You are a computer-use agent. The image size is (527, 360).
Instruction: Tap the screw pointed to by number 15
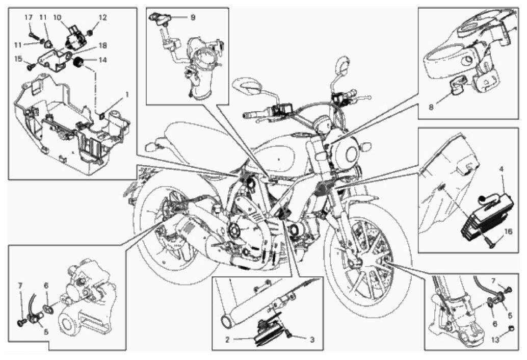coord(31,66)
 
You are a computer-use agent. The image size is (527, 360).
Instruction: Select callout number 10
coord(56,17)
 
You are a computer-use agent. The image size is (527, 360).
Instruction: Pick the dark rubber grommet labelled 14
coord(79,62)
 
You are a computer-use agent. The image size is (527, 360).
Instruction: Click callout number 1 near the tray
coord(127,94)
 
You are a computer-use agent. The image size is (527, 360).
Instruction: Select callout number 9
coord(193,17)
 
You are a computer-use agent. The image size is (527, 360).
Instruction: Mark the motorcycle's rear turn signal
coord(151,146)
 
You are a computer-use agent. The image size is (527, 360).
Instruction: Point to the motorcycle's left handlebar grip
coord(251,115)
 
